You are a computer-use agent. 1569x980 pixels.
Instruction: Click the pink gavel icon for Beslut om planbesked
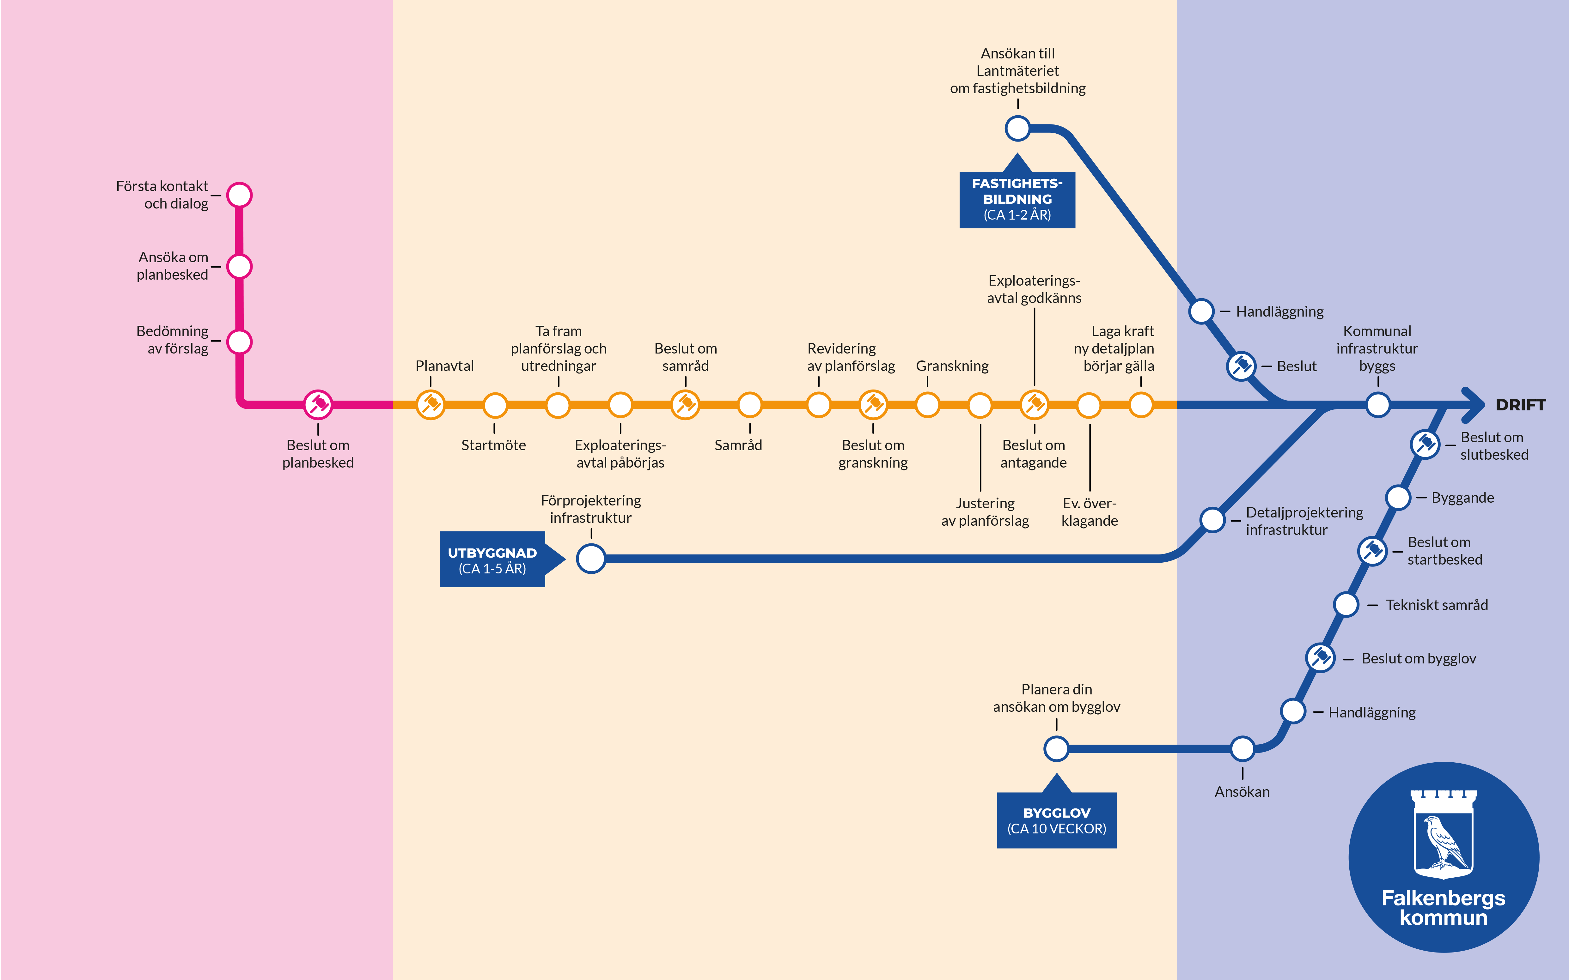(318, 405)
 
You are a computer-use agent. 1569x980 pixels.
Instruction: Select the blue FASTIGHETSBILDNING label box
(1017, 199)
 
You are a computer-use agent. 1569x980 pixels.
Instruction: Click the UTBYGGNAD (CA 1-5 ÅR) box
(492, 560)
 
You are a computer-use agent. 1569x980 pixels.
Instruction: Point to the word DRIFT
(1520, 405)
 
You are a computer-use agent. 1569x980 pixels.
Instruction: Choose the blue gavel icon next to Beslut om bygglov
(1320, 658)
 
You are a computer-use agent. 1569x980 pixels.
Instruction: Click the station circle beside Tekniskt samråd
(1346, 604)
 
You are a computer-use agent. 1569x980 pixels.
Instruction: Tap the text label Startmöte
(493, 445)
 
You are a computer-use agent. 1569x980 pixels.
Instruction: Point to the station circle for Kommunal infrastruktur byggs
(1378, 405)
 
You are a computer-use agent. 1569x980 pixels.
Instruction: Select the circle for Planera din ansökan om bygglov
(1056, 749)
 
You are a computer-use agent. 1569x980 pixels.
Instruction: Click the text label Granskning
(952, 366)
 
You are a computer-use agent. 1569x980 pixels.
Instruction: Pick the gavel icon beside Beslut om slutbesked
(1425, 444)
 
